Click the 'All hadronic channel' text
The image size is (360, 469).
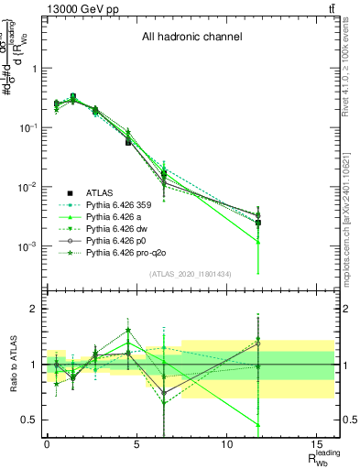[191, 38]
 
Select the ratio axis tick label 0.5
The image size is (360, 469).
[28, 420]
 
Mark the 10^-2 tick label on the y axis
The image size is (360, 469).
[27, 187]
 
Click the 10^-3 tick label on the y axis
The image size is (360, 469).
[27, 246]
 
